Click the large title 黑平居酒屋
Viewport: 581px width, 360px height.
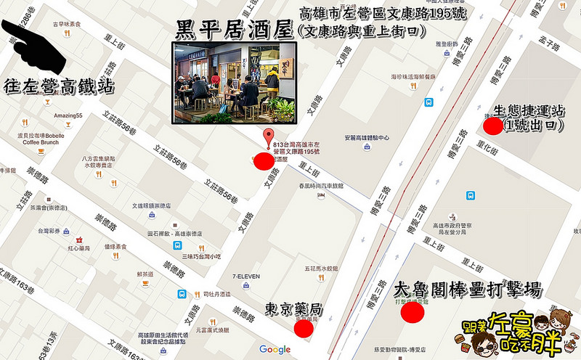[x=232, y=30]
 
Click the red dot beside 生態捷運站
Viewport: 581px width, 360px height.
[x=494, y=126]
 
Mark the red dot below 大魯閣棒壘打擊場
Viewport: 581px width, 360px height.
[x=413, y=312]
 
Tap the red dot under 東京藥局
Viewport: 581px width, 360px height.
[x=304, y=328]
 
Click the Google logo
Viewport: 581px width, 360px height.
[x=275, y=349]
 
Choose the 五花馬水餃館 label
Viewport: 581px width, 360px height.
[x=317, y=268]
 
